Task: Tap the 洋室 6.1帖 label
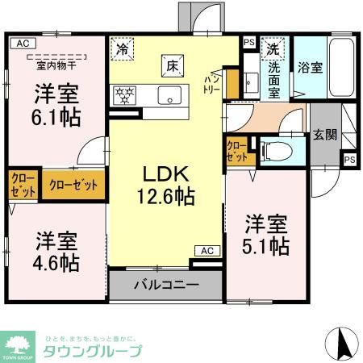click(x=56, y=105)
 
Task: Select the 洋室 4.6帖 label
click(x=56, y=251)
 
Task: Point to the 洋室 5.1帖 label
click(x=266, y=235)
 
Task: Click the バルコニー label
click(x=165, y=285)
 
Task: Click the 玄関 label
click(x=325, y=134)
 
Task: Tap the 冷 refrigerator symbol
click(x=122, y=48)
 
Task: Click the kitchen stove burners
click(x=127, y=93)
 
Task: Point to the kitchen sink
click(x=169, y=93)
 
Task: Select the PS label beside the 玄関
click(x=349, y=160)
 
